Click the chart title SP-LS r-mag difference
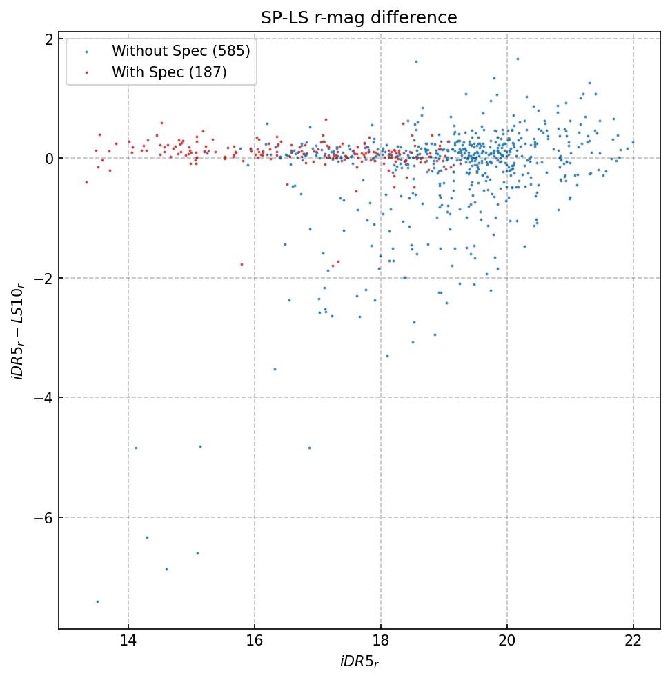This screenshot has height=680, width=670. [359, 18]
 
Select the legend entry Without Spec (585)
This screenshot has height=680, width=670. [181, 50]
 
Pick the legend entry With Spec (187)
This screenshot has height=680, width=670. [169, 72]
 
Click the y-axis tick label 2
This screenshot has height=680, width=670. [49, 39]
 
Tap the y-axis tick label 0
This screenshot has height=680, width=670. [49, 159]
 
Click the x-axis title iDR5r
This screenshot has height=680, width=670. [359, 662]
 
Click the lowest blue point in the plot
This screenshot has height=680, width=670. [97, 601]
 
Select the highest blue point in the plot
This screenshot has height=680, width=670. [518, 59]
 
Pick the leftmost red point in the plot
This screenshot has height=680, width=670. [86, 182]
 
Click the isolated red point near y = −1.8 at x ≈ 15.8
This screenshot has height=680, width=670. [242, 264]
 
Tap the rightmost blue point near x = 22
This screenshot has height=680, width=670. [633, 143]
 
